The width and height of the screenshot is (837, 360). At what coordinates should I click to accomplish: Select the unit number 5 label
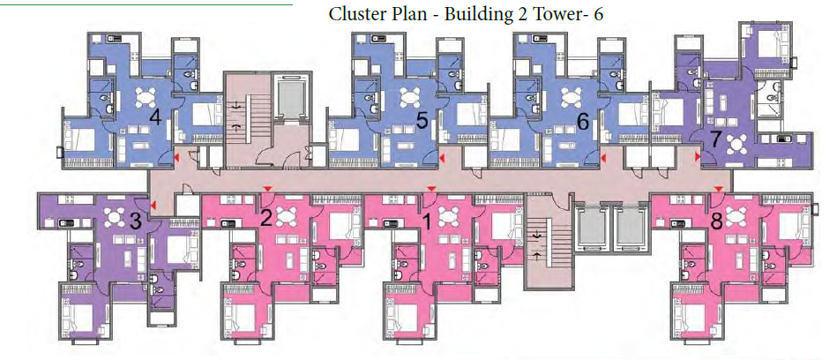422,121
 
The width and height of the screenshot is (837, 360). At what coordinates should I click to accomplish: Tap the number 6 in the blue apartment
582,121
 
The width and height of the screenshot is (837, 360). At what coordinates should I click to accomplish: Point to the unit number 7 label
715,139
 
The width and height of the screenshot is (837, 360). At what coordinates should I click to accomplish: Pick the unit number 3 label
136,221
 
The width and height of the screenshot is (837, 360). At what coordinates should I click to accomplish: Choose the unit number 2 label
265,218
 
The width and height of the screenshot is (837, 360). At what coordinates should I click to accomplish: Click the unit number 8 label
716,221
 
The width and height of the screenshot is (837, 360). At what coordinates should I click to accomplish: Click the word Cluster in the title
355,15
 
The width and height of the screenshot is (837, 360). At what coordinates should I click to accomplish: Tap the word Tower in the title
561,15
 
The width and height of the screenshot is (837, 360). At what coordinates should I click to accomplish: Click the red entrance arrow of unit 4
176,157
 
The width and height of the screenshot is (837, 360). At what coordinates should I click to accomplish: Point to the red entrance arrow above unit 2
267,190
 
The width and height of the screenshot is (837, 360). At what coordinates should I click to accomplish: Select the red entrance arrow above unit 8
719,190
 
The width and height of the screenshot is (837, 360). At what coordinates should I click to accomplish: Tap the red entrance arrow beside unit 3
153,206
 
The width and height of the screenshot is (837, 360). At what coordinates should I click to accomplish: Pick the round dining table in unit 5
411,96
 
